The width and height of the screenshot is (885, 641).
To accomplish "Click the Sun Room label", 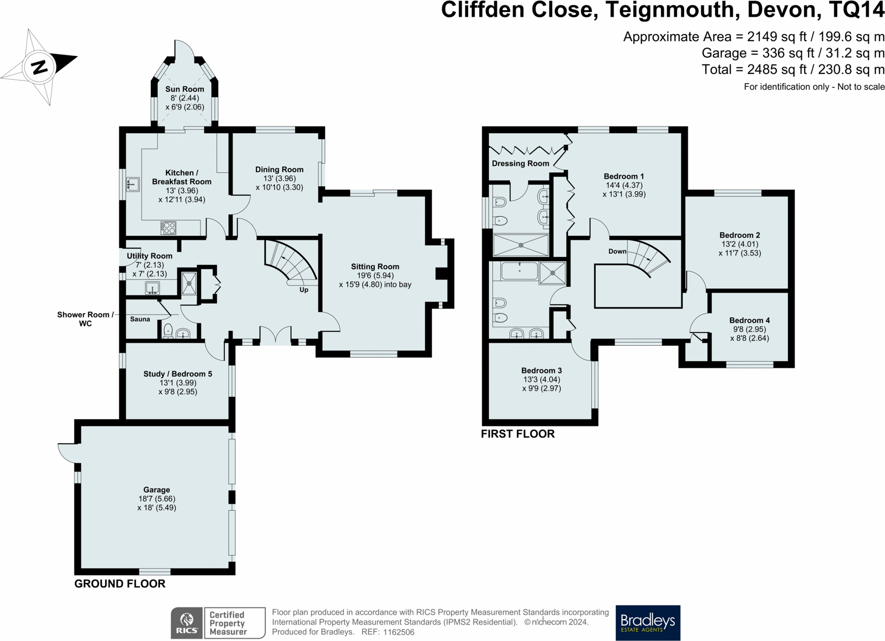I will tap(184, 89).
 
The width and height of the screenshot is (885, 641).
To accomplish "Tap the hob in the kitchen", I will tap(168, 227).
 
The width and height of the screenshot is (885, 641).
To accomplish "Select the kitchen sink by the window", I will tap(133, 184).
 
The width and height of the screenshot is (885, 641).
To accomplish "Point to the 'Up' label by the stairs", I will tap(304, 290).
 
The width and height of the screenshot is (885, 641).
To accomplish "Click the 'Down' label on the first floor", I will tap(617, 251).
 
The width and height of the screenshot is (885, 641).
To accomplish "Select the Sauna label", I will tap(140, 319).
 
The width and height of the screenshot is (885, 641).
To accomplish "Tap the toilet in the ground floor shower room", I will tap(168, 330).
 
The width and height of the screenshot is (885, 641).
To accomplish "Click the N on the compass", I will tap(39, 67).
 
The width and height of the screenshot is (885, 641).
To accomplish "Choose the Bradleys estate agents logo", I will tap(647, 622).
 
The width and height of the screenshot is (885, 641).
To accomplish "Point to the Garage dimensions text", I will tap(156, 503).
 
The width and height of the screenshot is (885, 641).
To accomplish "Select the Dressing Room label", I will tap(520, 163).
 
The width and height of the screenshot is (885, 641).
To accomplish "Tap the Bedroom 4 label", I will tap(749, 320).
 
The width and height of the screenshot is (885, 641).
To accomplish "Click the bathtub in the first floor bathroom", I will tap(519, 271).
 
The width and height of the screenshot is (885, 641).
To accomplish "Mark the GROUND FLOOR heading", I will tap(120, 584).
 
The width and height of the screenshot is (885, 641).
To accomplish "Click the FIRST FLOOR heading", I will tap(518, 434).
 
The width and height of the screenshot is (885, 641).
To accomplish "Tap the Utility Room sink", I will tap(152, 288).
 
